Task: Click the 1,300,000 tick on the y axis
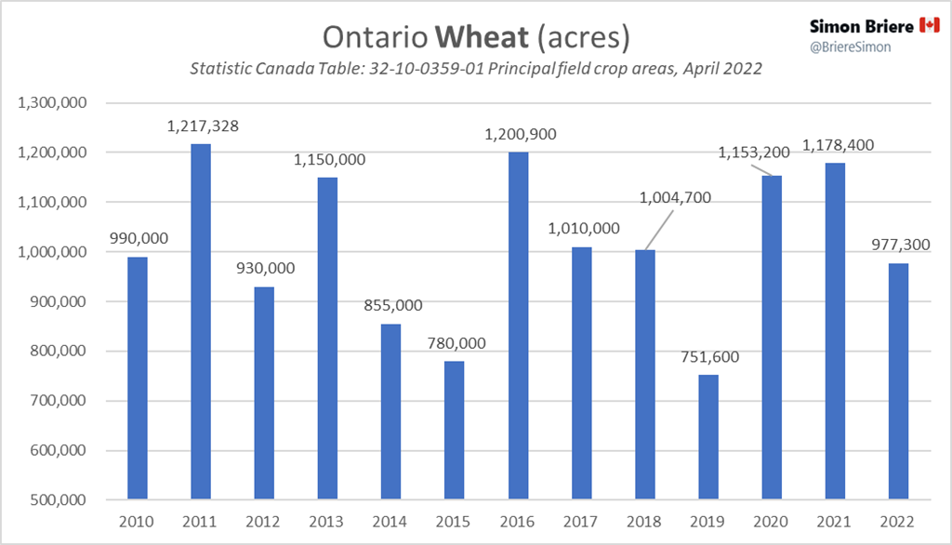(53, 102)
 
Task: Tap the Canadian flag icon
(930, 25)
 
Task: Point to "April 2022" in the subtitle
(721, 70)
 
